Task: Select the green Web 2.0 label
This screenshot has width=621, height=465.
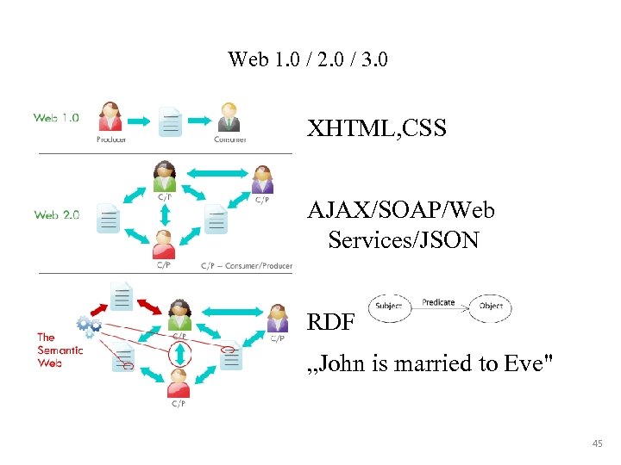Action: pos(56,215)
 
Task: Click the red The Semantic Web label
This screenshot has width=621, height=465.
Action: pos(60,350)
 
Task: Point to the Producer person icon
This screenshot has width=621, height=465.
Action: pos(111,117)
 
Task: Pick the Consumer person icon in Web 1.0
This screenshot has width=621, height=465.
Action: pos(229,117)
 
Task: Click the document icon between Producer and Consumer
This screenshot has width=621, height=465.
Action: pos(171,120)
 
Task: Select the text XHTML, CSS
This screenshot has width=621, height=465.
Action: pos(377,130)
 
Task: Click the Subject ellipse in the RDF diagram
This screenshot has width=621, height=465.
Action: pos(389,307)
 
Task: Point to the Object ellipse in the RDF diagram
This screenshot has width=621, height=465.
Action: pos(491,307)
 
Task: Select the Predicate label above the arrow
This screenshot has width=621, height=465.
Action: pos(438,302)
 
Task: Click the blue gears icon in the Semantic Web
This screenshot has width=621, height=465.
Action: pos(88,325)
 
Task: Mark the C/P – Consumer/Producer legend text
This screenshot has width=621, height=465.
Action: pos(246,265)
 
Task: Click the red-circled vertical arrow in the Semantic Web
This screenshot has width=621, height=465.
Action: pos(179,353)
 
